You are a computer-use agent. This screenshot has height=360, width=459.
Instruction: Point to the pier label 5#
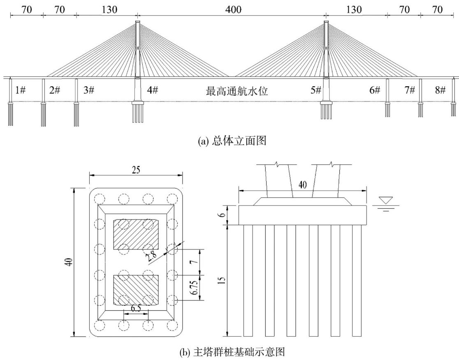tap(316, 90)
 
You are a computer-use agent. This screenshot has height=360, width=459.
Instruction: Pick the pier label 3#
tap(88, 90)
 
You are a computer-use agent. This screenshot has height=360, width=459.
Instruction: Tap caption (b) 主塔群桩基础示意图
tap(229, 352)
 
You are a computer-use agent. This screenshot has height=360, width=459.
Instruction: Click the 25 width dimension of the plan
tap(136, 171)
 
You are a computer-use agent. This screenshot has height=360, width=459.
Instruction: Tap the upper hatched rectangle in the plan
tap(136, 235)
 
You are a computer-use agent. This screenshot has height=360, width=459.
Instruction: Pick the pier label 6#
tap(374, 90)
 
